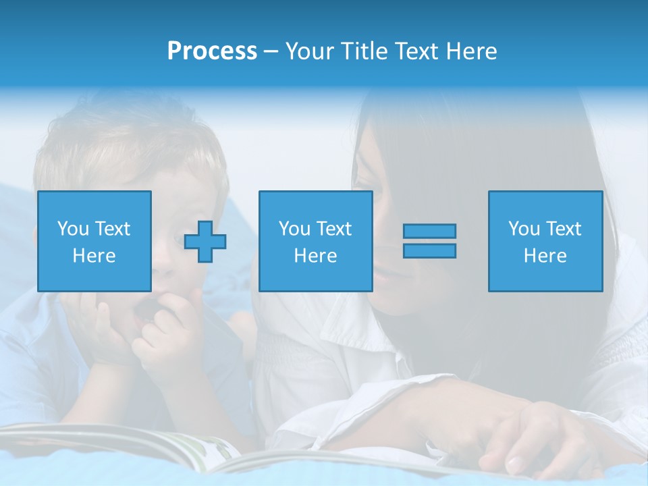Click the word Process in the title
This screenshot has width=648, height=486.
(x=212, y=51)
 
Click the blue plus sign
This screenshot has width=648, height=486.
(x=205, y=242)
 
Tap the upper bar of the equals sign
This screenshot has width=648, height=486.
(x=429, y=231)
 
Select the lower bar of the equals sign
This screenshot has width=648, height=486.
(x=429, y=250)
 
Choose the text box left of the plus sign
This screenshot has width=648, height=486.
(x=94, y=241)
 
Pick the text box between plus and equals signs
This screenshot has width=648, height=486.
(x=315, y=241)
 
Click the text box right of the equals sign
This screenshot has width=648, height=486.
(x=545, y=241)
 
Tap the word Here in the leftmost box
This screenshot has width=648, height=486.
(x=94, y=255)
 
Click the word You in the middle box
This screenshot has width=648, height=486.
(x=294, y=229)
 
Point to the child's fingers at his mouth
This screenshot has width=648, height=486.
(x=162, y=317)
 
